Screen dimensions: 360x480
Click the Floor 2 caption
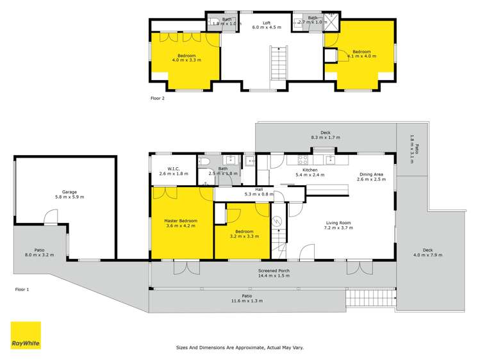158,99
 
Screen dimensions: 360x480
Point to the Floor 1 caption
22,290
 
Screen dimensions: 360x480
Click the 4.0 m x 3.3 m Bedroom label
186,58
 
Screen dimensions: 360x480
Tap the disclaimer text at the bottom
240,347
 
